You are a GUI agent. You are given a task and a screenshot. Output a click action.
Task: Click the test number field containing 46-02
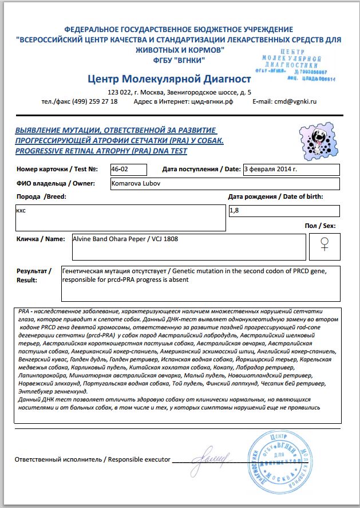tap(128, 170)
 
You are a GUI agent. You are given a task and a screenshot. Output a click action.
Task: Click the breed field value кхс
tap(21, 210)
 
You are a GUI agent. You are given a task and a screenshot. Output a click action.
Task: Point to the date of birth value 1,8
tap(235, 211)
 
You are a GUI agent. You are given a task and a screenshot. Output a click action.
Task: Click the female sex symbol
tap(324, 245)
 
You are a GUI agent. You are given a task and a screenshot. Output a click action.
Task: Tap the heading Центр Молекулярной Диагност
tap(170, 78)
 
